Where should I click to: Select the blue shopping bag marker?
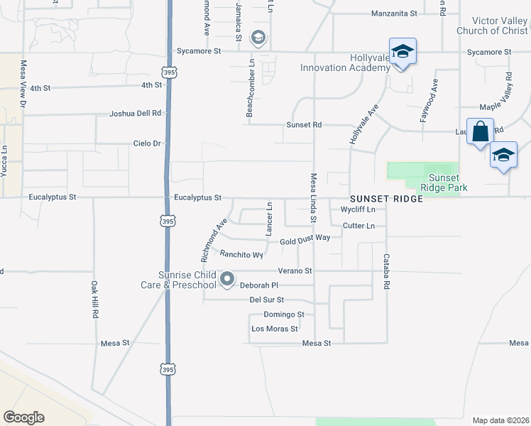pos(480,132)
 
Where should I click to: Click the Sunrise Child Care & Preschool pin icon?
pos(227,280)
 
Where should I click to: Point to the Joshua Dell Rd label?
pos(136,114)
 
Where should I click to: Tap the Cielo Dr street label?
pos(148,143)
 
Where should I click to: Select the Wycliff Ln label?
pos(358,210)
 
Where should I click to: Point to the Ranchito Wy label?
pos(241,254)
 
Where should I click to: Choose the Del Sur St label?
pos(267,300)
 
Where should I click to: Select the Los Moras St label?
pos(275,329)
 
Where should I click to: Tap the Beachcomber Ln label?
pos(250,89)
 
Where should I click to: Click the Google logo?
pos(23,417)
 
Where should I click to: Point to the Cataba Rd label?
pos(387,271)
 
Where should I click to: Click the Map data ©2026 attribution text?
pos(500,420)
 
